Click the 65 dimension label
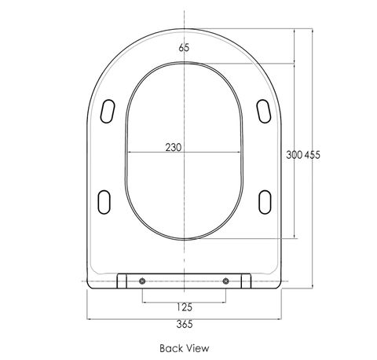[x=184, y=48]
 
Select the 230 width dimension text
[x=174, y=147]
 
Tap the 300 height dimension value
[x=294, y=155]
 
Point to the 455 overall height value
[x=312, y=155]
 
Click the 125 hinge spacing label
[x=185, y=307]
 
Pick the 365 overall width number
[x=185, y=324]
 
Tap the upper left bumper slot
[x=108, y=111]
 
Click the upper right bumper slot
[x=263, y=111]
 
